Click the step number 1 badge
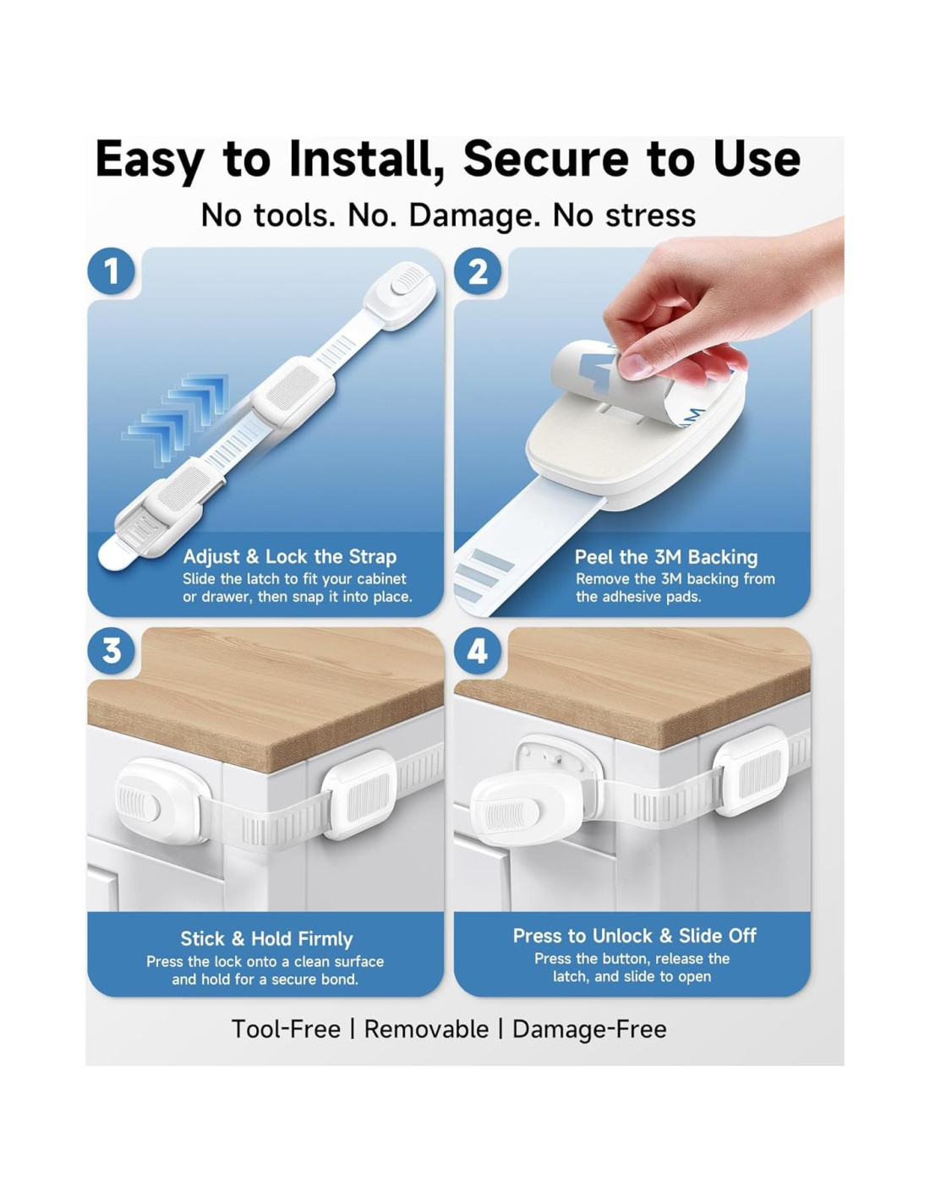[112, 271]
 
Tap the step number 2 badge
[478, 271]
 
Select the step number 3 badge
[112, 651]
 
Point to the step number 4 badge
[478, 651]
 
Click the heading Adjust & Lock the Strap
[290, 557]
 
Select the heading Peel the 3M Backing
[666, 557]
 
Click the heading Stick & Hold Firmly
[266, 939]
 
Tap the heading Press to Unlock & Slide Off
[634, 936]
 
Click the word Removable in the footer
[426, 1029]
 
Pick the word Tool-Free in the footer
[286, 1029]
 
